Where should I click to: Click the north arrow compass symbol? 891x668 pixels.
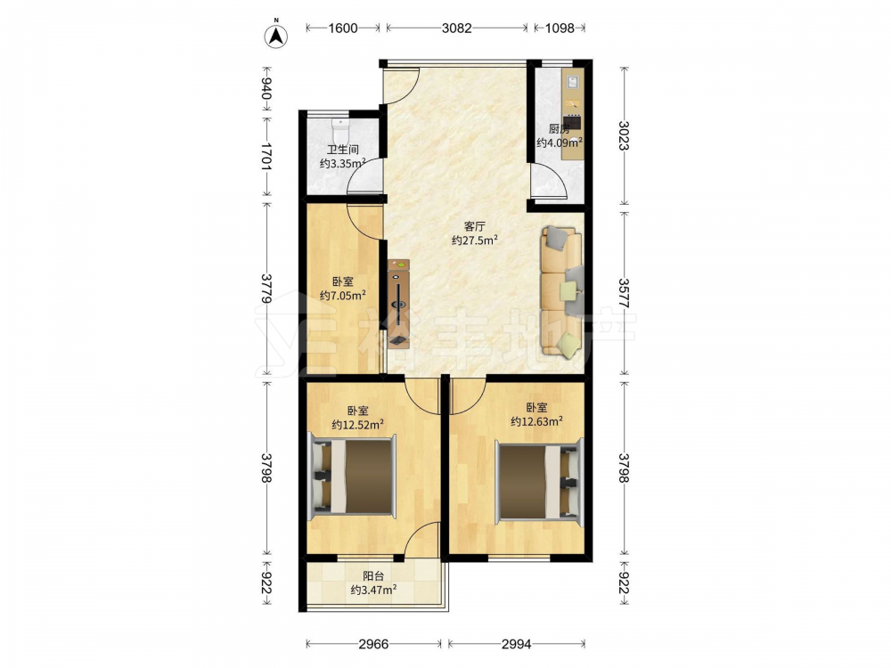pos(276,36)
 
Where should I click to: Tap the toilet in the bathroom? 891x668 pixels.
pos(339,132)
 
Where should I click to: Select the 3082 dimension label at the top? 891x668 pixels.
pos(457,28)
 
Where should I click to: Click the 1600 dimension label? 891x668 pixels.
pos(343,28)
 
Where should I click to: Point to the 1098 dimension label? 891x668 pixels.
pos(560,28)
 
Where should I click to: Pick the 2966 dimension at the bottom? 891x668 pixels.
pos(373,644)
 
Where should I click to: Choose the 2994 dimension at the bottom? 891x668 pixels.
pos(516,644)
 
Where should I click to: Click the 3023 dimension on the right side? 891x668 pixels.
pos(624,135)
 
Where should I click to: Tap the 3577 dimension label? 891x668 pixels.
pos(624,293)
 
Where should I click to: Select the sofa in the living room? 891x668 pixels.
pos(562,292)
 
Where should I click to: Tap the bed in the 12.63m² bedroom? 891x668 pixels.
pos(540,481)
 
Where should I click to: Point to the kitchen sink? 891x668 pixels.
pos(572,81)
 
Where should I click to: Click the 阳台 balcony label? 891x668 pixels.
pos(373,576)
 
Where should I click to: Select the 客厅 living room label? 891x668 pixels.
pos(475,226)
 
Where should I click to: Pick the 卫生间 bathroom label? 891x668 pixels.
pos(343,150)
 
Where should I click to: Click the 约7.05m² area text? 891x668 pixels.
pos(342,295)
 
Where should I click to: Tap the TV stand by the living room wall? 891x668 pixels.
pos(398,304)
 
